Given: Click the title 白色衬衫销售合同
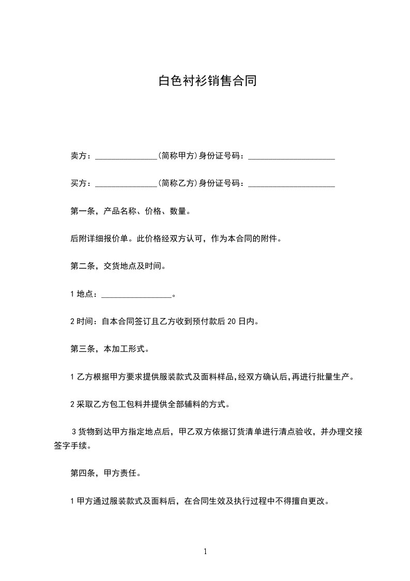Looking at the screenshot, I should point(207,81).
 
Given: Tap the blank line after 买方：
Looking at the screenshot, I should point(126,183).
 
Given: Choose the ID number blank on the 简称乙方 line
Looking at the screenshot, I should point(292,183).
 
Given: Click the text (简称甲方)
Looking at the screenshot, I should point(177,155).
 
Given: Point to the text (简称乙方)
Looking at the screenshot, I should point(177,183).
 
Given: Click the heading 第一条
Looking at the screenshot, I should point(82,211).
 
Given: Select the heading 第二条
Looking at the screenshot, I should point(82,267).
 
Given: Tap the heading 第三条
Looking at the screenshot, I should point(82,350).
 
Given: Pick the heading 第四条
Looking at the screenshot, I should point(82,473).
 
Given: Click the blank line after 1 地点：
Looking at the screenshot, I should point(136,295).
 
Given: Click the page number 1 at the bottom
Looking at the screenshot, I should point(205,552).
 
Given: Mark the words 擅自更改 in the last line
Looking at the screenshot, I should point(309,501).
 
